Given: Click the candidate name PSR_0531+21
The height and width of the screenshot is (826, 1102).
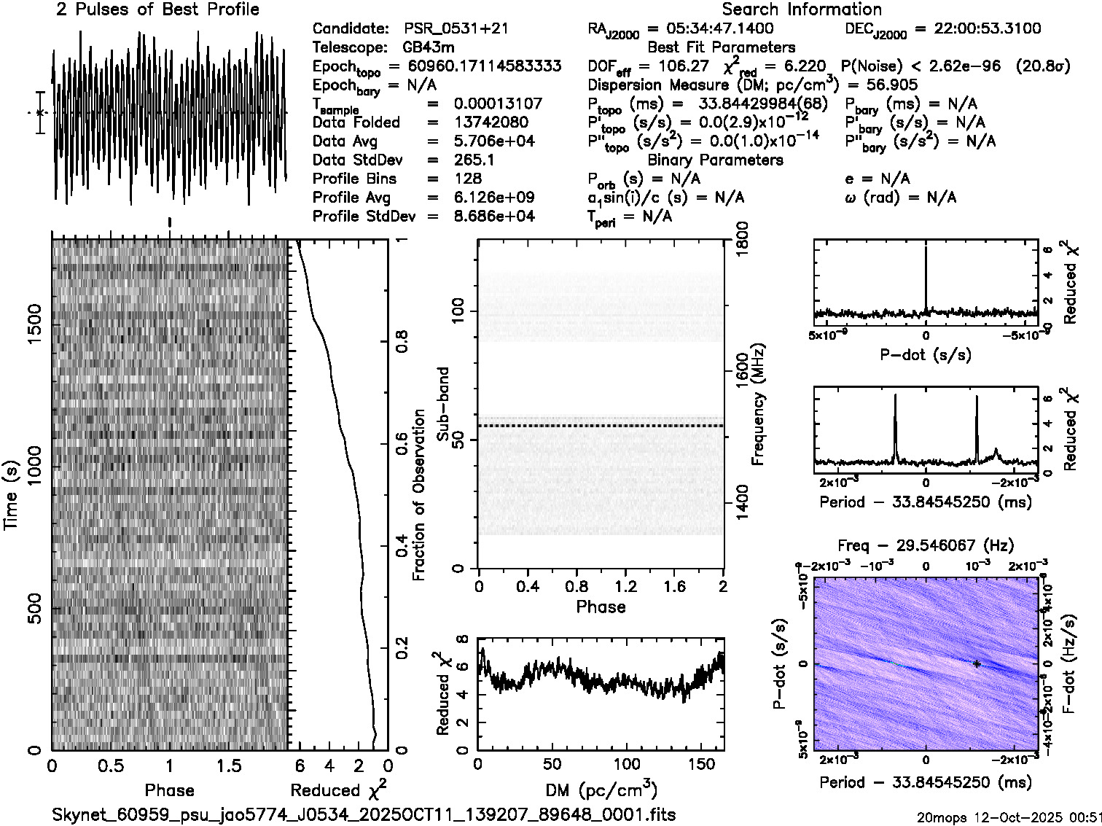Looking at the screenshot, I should (x=456, y=29).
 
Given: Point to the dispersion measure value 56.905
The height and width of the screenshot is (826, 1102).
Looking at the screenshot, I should (x=891, y=85).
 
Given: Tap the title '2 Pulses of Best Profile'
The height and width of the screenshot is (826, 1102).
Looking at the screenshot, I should (x=157, y=10).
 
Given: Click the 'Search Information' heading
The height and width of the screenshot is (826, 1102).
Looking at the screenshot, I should (x=802, y=10).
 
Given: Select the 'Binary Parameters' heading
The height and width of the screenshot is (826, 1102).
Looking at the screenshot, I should (x=715, y=160).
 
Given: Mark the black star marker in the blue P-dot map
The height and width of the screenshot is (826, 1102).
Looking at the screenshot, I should (x=976, y=663).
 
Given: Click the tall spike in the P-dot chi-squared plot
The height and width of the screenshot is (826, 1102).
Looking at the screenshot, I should (x=926, y=277).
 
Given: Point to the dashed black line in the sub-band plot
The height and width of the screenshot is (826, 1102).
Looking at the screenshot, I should (x=601, y=426).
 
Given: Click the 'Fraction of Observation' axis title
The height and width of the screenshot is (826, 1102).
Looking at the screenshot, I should (x=418, y=495).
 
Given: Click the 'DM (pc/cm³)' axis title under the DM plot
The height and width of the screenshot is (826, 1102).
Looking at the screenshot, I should (x=601, y=790).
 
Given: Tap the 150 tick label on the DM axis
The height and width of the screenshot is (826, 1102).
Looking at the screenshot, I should (x=701, y=764).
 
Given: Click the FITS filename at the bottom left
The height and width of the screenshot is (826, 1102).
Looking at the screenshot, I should (x=364, y=814).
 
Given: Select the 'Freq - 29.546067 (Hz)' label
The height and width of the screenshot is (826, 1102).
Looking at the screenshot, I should (x=926, y=545).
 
